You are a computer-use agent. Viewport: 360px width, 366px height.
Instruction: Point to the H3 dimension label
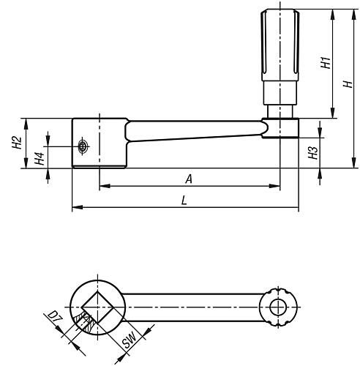[x=312, y=153]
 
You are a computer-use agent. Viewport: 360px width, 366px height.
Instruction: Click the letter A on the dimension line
[x=189, y=178]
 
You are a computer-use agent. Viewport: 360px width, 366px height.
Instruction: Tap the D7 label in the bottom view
[x=53, y=316]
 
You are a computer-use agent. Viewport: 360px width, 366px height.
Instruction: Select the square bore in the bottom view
[x=98, y=308]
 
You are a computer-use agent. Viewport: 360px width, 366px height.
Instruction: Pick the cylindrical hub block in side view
[x=100, y=143]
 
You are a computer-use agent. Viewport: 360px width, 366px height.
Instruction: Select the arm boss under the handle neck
[x=281, y=129]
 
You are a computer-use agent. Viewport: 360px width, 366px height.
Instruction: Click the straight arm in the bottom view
[x=194, y=307]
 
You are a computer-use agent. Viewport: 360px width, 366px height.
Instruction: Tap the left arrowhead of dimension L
[x=75, y=208]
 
